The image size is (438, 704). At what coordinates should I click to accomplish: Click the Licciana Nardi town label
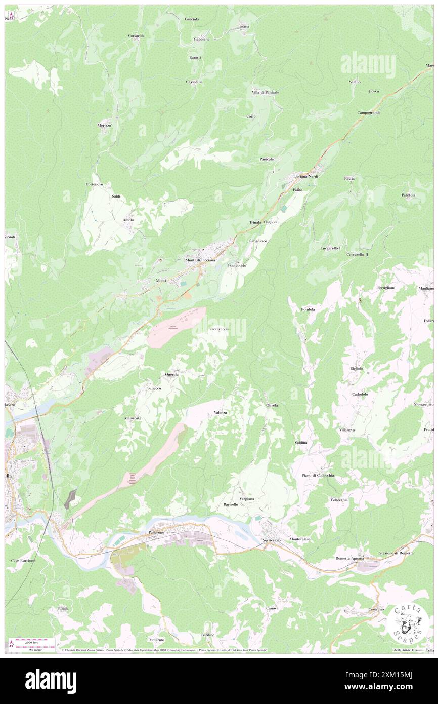pyautogui.click(x=306, y=176)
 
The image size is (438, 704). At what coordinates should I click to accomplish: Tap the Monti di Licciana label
pyautogui.click(x=200, y=260)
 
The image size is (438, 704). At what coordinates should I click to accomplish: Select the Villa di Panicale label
pyautogui.click(x=266, y=92)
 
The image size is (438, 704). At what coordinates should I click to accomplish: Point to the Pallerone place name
pyautogui.click(x=157, y=533)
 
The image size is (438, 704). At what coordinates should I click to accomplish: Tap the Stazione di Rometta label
pyautogui.click(x=397, y=553)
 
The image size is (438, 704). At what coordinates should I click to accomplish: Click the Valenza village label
pyautogui.click(x=221, y=413)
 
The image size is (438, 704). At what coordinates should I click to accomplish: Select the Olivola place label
pyautogui.click(x=272, y=405)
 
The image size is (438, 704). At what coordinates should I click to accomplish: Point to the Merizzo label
pyautogui.click(x=104, y=125)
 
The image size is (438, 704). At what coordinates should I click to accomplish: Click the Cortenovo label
pyautogui.click(x=95, y=184)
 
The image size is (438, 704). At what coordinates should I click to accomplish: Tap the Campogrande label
pyautogui.click(x=369, y=112)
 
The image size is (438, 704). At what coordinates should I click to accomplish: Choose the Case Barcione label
pyautogui.click(x=23, y=561)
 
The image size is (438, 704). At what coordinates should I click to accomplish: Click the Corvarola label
pyautogui.click(x=136, y=36)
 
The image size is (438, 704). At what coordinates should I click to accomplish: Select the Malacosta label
pyautogui.click(x=133, y=418)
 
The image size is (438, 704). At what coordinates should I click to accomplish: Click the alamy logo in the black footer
pyautogui.click(x=51, y=681)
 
